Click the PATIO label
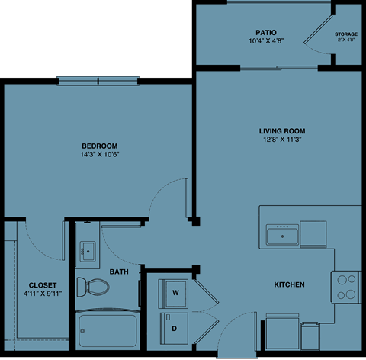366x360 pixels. coord(265,32)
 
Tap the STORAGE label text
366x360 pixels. coord(346,34)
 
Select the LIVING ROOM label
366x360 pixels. coord(281,130)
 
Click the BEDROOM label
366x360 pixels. coord(100,146)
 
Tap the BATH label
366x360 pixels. coord(119,272)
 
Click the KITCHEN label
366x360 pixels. coord(290,284)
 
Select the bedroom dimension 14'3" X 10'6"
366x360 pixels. coord(100,155)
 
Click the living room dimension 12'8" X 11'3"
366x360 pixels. coord(281,140)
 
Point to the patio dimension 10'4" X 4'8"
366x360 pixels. coord(265,40)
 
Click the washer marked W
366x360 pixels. coord(175,292)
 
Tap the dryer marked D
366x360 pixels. coord(175,328)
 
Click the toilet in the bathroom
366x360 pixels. coord(95,287)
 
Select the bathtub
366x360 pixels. coord(107,330)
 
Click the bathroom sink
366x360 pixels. coord(87,249)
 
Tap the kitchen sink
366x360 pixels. coord(282,234)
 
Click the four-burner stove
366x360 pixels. coord(346,286)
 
